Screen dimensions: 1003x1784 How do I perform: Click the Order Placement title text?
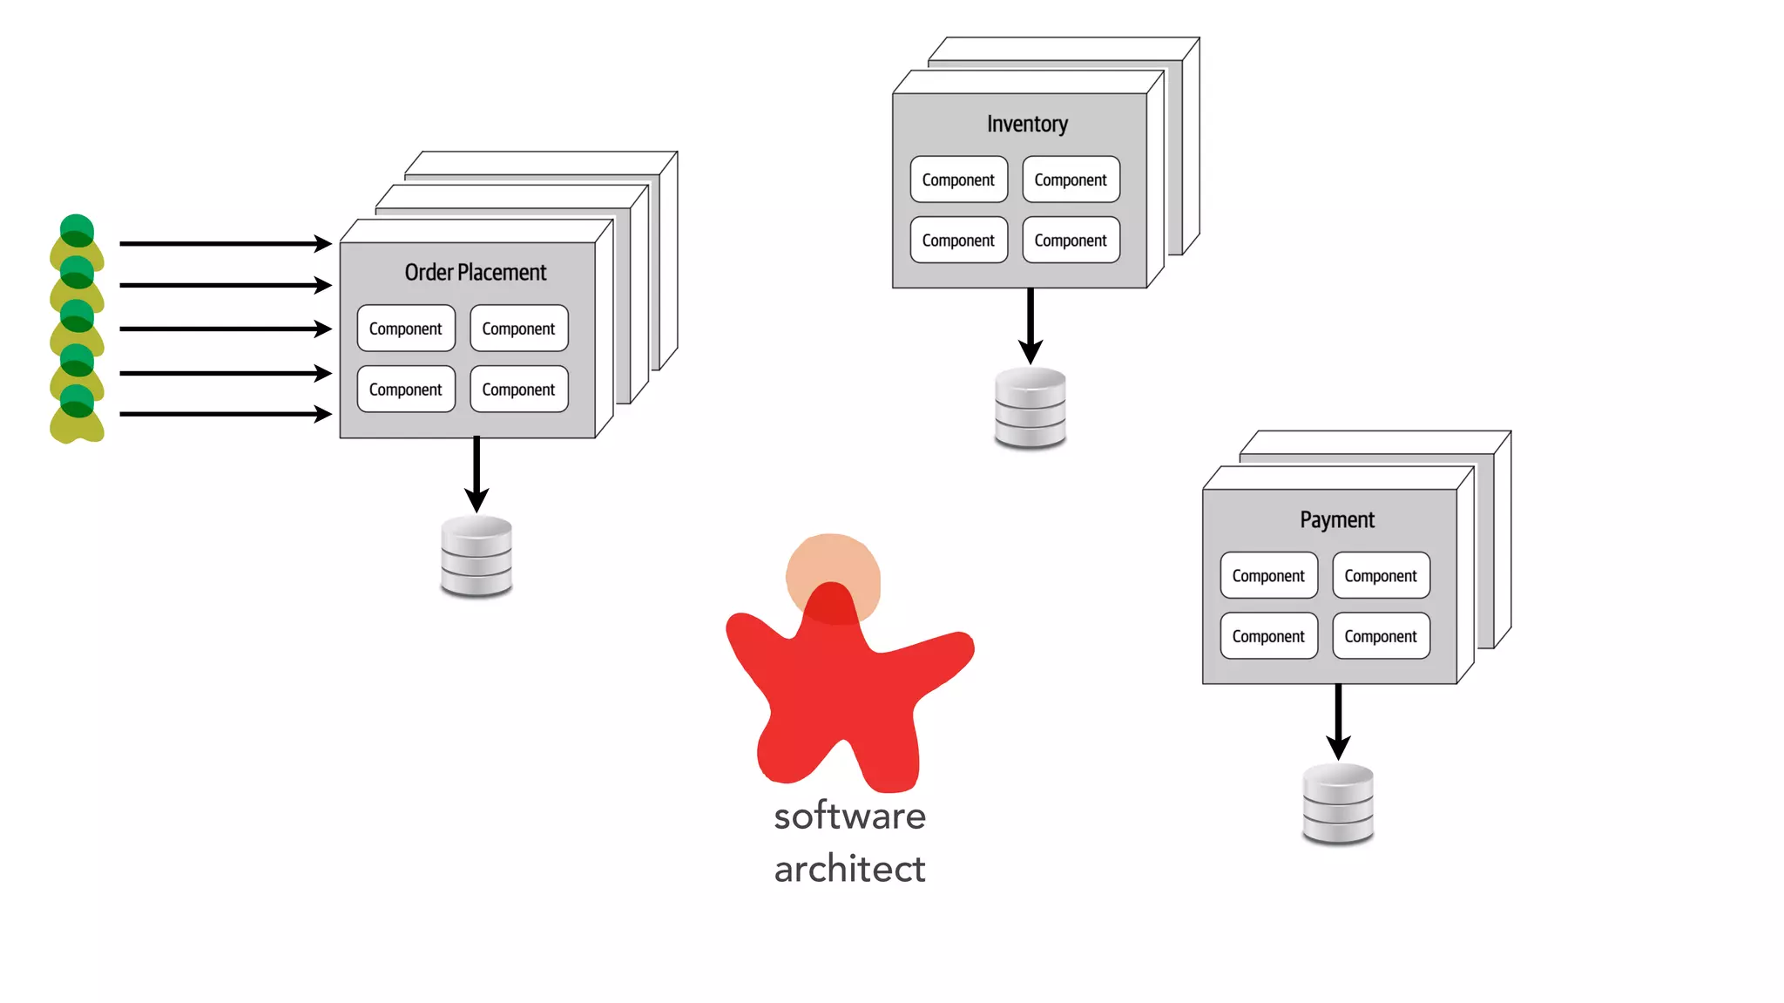(x=475, y=273)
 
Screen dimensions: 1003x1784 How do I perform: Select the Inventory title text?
(x=1027, y=125)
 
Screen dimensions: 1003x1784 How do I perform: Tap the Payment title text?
(x=1336, y=520)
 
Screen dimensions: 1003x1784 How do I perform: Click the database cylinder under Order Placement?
(x=476, y=557)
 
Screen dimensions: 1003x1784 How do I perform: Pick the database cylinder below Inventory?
(x=1031, y=408)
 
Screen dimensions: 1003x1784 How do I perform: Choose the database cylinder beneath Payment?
(x=1338, y=803)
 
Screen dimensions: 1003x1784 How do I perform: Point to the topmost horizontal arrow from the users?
(x=225, y=244)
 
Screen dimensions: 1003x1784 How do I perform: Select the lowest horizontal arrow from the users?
(x=225, y=414)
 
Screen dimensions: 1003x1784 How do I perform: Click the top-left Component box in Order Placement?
(x=406, y=329)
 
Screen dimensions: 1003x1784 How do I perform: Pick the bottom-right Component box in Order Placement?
(x=518, y=390)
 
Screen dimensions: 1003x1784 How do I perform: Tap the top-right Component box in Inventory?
(x=1071, y=180)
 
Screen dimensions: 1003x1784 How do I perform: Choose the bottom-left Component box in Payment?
(x=1268, y=636)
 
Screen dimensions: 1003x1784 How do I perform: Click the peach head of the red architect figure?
(x=834, y=566)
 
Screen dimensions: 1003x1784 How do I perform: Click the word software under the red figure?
(x=849, y=817)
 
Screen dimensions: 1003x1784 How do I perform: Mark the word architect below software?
(x=849, y=870)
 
